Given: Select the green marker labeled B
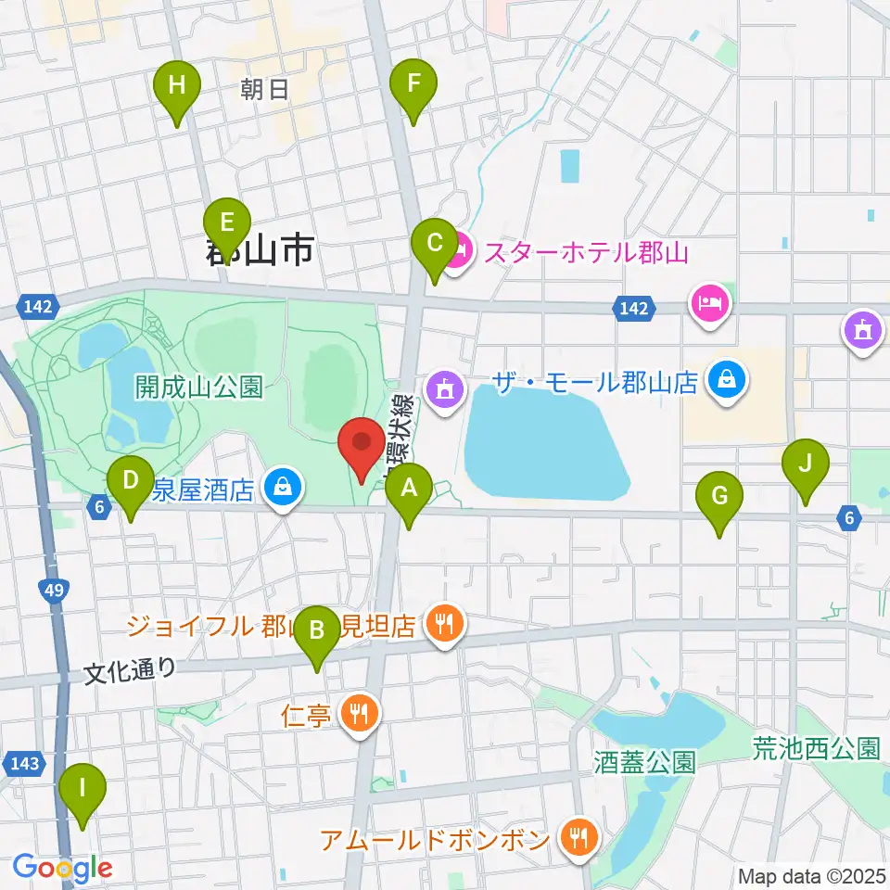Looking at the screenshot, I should (x=317, y=633).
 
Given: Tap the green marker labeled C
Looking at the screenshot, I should (x=434, y=245).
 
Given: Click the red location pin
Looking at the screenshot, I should (x=362, y=445).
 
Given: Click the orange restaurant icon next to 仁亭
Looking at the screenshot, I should (x=358, y=713).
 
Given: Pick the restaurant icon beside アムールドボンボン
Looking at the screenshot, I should (x=578, y=840).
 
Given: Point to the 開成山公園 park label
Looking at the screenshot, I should (x=199, y=386).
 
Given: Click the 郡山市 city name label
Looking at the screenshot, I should (x=260, y=249).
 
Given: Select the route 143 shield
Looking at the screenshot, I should (x=27, y=763).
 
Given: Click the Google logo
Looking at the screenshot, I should (x=63, y=869).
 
